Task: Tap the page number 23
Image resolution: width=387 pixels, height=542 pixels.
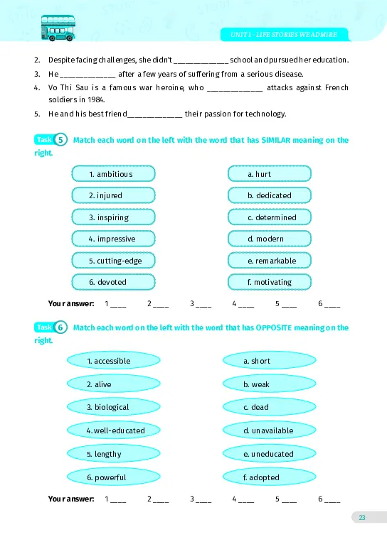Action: coord(362,517)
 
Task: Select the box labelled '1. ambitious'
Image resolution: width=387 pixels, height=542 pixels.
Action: coord(114,173)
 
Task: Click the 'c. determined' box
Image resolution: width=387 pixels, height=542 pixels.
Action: coord(270,217)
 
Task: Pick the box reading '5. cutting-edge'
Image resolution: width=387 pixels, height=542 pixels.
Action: coord(114,261)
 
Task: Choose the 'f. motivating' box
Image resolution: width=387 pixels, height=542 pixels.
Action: coord(270,282)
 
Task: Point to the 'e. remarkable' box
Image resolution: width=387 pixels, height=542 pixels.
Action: coord(270,261)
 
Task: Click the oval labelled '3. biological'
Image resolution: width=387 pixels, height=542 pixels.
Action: coord(109,407)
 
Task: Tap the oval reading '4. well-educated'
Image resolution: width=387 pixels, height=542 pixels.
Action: coord(109,430)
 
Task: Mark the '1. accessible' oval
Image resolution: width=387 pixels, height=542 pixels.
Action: coord(109,361)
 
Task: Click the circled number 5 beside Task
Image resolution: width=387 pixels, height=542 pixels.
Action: coord(61,140)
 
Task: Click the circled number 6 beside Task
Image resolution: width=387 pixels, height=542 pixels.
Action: coord(61,327)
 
